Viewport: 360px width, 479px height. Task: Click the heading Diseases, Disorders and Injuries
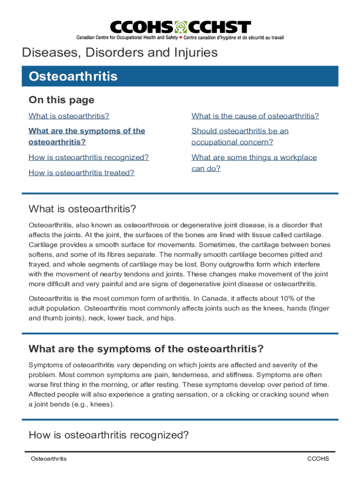[120, 52]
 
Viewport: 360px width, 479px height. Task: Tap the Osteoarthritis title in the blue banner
[73, 76]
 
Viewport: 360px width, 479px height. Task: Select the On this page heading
[61, 100]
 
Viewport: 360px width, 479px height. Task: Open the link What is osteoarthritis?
[69, 116]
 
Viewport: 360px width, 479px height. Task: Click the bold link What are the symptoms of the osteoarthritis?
[86, 136]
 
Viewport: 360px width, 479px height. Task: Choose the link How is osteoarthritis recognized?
[88, 158]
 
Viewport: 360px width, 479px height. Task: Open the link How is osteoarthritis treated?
[81, 173]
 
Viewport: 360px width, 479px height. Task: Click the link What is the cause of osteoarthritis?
[255, 116]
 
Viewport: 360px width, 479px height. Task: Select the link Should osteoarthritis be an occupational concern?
[239, 136]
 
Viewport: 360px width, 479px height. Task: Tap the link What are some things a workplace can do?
[253, 163]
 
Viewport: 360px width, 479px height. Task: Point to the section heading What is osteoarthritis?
[82, 208]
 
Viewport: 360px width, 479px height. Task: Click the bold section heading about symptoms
[146, 348]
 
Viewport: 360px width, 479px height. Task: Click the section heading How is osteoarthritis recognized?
[108, 435]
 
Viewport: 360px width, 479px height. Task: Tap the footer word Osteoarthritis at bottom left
[49, 459]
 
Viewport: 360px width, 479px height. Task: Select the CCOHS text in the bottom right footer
[318, 459]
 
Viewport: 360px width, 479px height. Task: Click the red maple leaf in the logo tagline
[181, 37]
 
